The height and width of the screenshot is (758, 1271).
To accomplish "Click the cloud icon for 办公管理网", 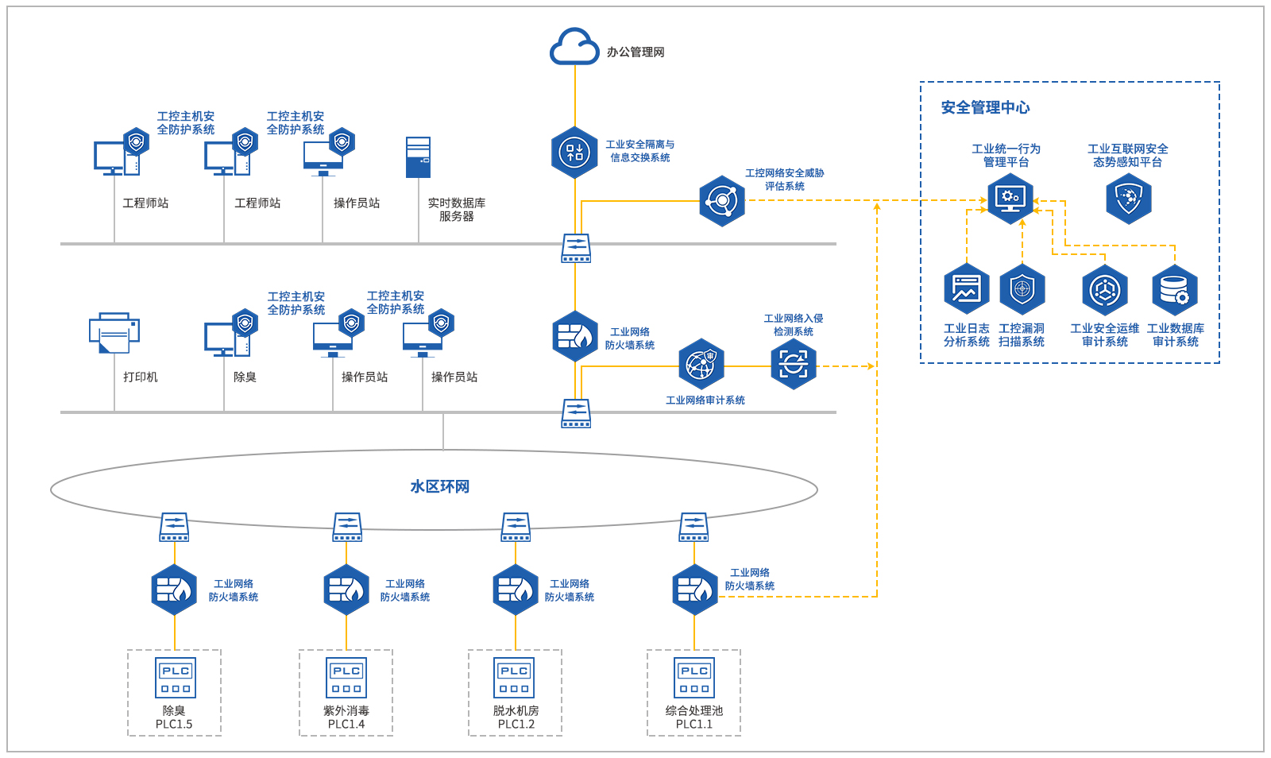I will pyautogui.click(x=574, y=47).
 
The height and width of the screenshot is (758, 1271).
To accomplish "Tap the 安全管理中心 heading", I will pyautogui.click(x=985, y=107).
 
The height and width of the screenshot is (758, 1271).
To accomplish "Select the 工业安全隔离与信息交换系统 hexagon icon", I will pyautogui.click(x=574, y=153).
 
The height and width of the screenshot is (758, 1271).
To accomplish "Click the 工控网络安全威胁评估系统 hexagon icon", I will pyautogui.click(x=722, y=201).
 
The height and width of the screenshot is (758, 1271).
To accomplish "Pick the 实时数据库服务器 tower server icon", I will pyautogui.click(x=418, y=157).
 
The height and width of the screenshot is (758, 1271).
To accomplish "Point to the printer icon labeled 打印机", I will pyautogui.click(x=114, y=332).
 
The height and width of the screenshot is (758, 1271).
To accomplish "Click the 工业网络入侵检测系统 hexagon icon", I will pyautogui.click(x=794, y=365).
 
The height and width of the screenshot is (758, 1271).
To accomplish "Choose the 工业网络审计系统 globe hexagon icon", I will pyautogui.click(x=701, y=365).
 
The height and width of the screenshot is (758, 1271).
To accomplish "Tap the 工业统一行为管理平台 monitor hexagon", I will pyautogui.click(x=1010, y=198).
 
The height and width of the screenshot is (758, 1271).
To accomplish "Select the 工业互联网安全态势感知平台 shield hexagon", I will pyautogui.click(x=1129, y=198).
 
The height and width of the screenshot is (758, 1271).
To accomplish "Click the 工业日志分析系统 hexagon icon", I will pyautogui.click(x=967, y=289).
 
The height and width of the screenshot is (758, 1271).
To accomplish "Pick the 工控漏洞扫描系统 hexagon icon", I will pyautogui.click(x=1022, y=289).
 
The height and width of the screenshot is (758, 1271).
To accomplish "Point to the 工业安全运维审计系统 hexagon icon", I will pyautogui.click(x=1105, y=290).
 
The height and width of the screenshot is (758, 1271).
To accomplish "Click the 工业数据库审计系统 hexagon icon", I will pyautogui.click(x=1175, y=290).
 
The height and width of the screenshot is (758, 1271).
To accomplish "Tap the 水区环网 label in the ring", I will pyautogui.click(x=439, y=486).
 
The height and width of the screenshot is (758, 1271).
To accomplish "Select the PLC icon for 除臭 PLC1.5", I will pyautogui.click(x=176, y=678).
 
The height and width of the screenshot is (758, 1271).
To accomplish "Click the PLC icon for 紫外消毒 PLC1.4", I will pyautogui.click(x=346, y=678).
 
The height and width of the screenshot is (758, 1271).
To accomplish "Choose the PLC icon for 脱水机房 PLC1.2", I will pyautogui.click(x=514, y=678).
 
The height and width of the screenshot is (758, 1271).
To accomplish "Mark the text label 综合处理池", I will pyautogui.click(x=694, y=710).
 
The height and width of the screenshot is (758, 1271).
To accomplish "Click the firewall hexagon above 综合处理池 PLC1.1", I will pyautogui.click(x=695, y=590).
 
